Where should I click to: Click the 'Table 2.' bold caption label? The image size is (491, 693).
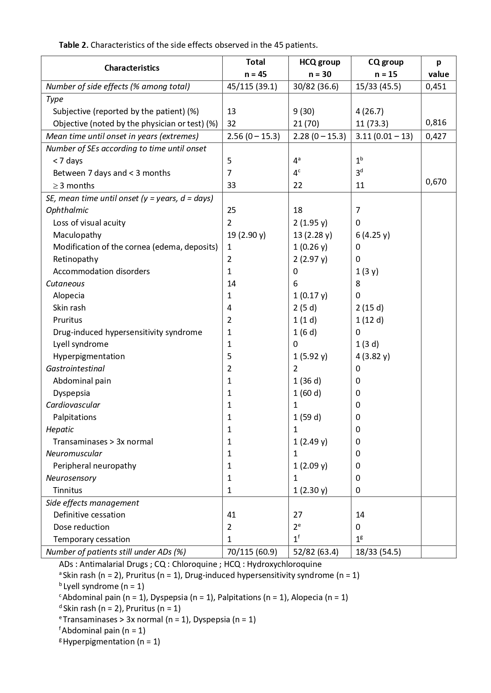click(x=74, y=45)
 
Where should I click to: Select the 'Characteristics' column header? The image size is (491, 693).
click(x=132, y=68)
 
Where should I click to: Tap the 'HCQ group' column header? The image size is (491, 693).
click(x=320, y=62)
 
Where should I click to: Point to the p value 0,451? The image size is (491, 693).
click(x=436, y=87)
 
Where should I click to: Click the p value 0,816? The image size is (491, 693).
click(x=436, y=122)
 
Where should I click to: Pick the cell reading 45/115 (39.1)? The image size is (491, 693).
click(x=252, y=87)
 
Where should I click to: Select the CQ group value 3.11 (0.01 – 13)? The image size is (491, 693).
click(x=384, y=136)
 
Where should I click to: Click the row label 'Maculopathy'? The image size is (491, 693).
click(x=77, y=235)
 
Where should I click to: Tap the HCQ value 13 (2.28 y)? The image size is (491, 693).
click(x=313, y=235)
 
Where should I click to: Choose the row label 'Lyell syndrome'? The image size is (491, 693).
click(x=81, y=344)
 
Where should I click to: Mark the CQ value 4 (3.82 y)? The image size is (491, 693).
click(x=373, y=356)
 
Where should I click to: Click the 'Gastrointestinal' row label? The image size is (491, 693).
click(x=75, y=369)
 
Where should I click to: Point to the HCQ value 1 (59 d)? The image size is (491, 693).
click(x=307, y=417)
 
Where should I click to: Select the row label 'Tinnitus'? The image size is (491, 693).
click(x=68, y=490)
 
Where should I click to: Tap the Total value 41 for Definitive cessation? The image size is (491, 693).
click(x=231, y=515)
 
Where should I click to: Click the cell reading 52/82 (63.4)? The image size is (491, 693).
click(x=316, y=552)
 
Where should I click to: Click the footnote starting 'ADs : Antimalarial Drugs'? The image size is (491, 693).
click(x=190, y=564)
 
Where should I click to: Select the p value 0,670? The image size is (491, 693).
click(x=436, y=182)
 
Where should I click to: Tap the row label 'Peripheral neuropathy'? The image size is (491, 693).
click(x=95, y=466)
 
